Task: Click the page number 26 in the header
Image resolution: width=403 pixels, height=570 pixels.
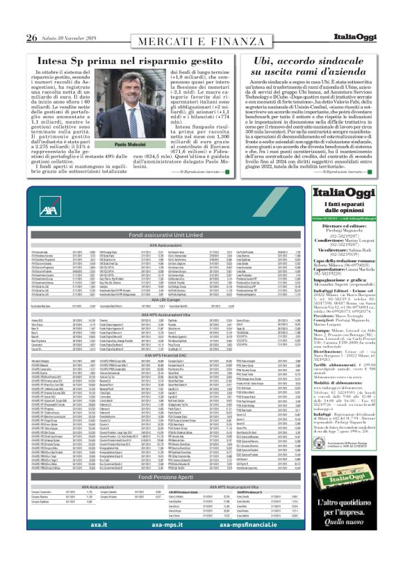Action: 32,17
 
